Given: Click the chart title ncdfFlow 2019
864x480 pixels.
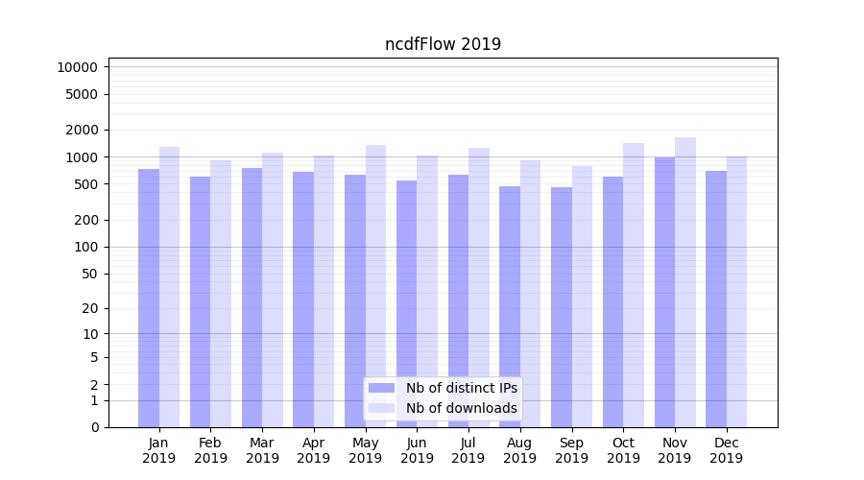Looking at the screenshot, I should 443,44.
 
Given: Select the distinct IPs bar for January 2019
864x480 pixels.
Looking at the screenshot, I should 149,298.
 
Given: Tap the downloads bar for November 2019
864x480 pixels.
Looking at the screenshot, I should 685,282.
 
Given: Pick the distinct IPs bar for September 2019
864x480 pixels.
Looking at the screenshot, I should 562,307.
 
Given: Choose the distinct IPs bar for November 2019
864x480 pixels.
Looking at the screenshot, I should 664,292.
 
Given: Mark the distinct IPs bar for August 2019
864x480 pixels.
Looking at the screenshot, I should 510,306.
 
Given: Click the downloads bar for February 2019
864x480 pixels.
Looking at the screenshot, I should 221,294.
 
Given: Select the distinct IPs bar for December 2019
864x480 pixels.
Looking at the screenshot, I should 716,299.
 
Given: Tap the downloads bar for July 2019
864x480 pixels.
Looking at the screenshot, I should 479,287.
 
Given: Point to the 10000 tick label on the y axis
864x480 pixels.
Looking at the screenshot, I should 77,67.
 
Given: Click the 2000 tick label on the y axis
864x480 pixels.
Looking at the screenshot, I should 81,130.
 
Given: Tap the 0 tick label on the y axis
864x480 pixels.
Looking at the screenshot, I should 94,427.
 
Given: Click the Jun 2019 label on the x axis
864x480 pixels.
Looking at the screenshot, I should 417,450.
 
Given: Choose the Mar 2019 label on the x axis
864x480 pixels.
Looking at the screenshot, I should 262,450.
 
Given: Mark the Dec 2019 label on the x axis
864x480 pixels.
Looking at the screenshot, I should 727,450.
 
